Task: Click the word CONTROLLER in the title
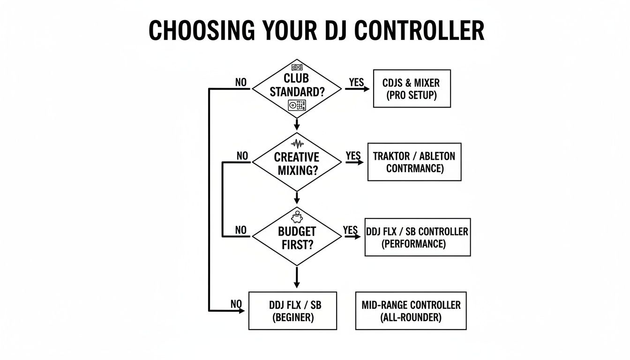[419, 31]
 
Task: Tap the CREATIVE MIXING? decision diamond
[297, 163]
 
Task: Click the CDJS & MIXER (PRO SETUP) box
[412, 89]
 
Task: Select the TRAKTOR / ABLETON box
[414, 162]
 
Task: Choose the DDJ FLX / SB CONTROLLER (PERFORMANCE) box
[417, 237]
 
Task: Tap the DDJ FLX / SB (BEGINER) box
[292, 311]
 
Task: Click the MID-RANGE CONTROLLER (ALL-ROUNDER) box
[411, 311]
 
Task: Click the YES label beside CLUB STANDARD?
[356, 82]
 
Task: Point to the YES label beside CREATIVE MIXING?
[353, 155]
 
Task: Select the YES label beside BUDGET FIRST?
[350, 230]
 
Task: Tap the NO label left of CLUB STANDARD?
[240, 82]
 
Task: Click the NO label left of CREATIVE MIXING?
[242, 156]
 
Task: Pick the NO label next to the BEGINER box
[236, 304]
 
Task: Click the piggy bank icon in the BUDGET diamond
[297, 217]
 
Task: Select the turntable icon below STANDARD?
[297, 105]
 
